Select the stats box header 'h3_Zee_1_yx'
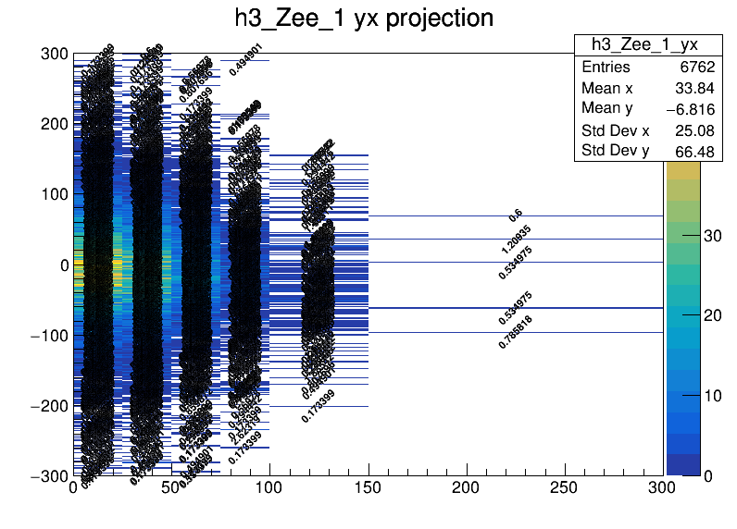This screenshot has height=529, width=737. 644,45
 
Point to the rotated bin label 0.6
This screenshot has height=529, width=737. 516,215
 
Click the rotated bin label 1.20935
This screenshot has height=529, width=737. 516,240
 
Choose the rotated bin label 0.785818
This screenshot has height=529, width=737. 516,332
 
